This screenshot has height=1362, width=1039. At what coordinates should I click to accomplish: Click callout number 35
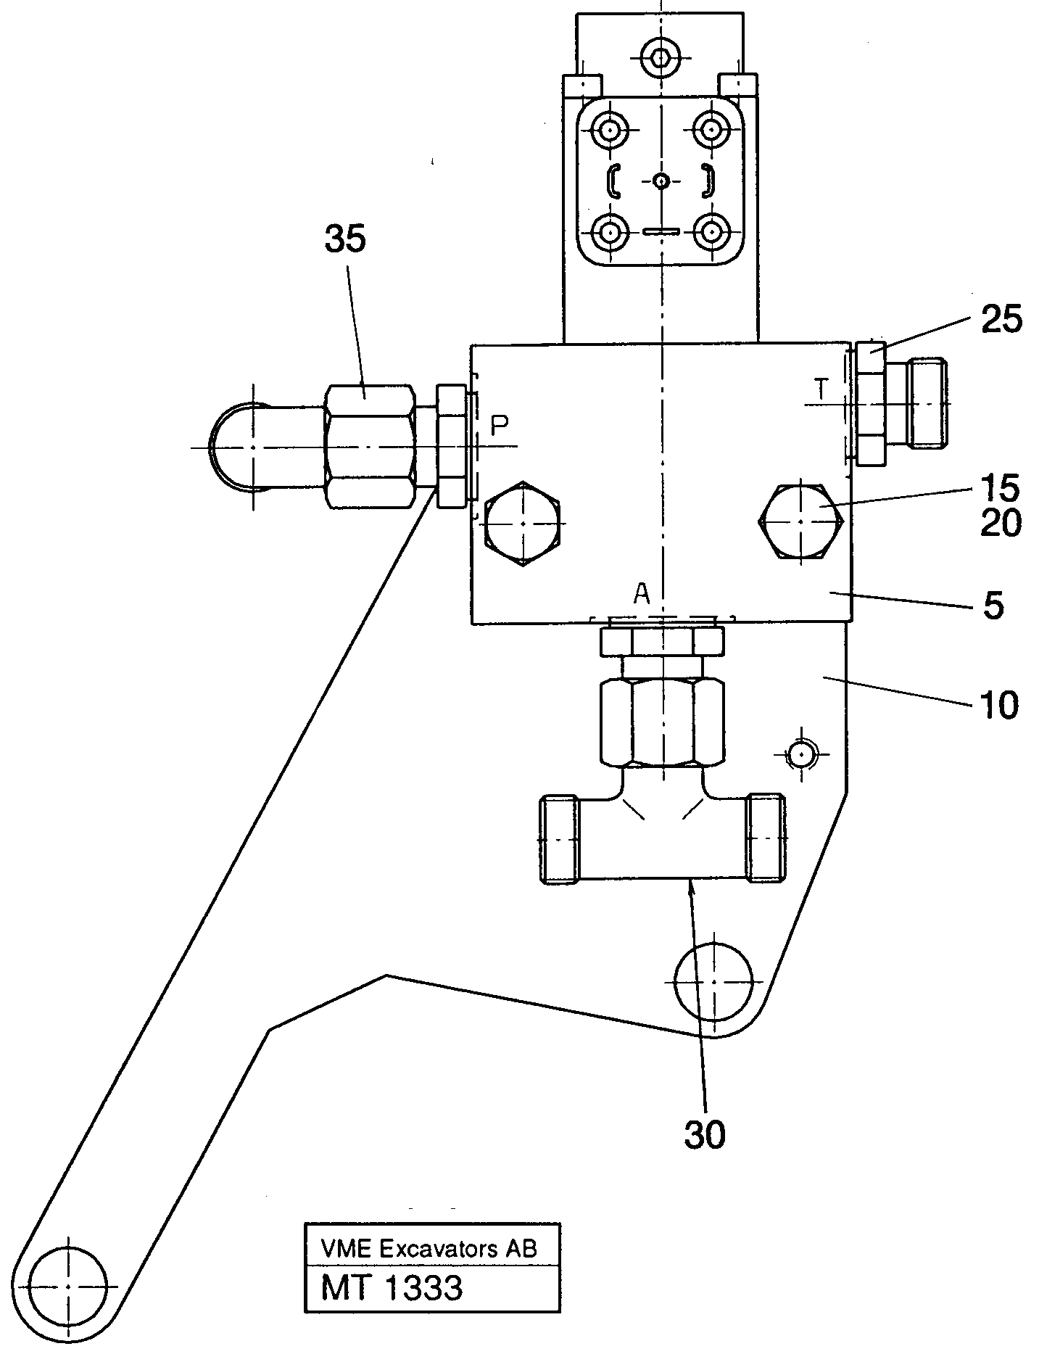[x=345, y=239]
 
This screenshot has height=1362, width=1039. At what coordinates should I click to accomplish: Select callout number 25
[x=1001, y=319]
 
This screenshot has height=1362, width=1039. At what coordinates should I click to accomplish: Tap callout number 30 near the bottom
[x=704, y=1134]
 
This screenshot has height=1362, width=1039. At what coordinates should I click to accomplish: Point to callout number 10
[x=998, y=704]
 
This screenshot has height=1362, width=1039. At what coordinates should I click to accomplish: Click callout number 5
[x=993, y=606]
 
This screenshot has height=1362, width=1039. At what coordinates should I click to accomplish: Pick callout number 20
[x=1001, y=523]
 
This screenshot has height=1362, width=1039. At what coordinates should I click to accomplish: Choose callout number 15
[x=1001, y=488]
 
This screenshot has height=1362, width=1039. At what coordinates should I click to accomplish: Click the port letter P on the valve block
[x=499, y=426]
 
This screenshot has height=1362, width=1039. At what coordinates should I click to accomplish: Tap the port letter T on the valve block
[x=820, y=389]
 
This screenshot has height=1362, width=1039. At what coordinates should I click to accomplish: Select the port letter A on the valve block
[x=642, y=595]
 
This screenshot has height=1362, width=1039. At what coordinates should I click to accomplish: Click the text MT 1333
[x=392, y=1288]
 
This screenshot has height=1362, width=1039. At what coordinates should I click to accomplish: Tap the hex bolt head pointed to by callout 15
[x=800, y=521]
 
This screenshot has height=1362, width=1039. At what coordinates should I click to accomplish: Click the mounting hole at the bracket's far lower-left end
[x=67, y=1286]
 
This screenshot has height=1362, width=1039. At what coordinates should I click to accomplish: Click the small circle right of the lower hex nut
[x=800, y=755]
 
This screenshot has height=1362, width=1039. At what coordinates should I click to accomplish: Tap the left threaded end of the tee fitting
[x=560, y=839]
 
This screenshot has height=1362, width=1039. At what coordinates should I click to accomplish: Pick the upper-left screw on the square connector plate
[x=610, y=131]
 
